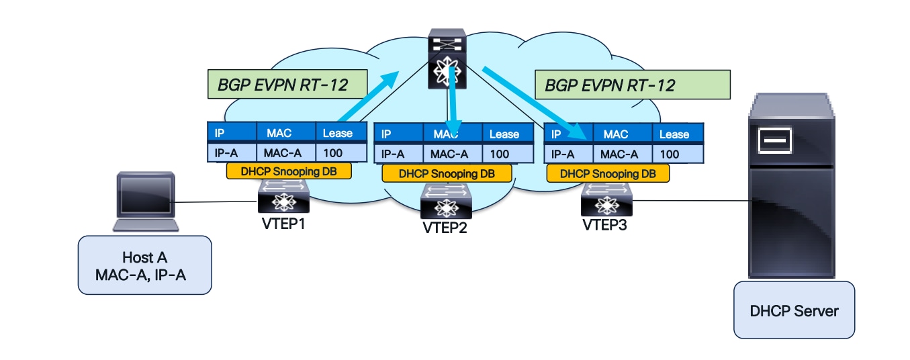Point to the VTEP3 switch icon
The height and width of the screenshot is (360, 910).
[x=606, y=199]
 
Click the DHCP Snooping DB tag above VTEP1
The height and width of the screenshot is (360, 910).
[x=289, y=171]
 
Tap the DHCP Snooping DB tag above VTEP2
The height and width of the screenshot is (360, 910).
[x=447, y=173]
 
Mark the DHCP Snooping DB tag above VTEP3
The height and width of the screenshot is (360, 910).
[x=608, y=173]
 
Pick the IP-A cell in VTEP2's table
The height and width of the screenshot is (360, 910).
[x=398, y=154]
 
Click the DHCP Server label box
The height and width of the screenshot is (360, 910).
[x=794, y=310]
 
